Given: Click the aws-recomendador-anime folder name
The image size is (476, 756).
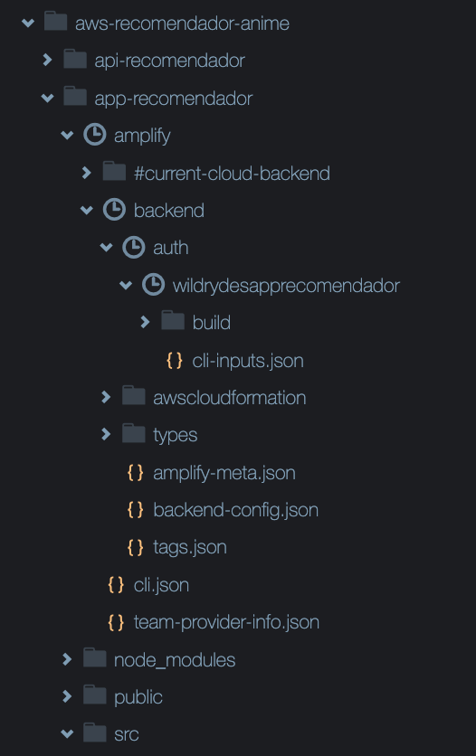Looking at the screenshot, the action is click(x=182, y=24).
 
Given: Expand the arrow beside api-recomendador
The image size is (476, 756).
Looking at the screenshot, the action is click(x=47, y=60).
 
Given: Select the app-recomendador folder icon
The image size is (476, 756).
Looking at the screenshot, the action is click(x=75, y=97).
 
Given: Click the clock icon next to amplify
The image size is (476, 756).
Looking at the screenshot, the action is click(x=94, y=134).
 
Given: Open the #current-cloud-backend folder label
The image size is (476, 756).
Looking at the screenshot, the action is click(x=232, y=173).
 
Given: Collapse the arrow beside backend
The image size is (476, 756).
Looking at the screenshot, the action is click(x=86, y=210).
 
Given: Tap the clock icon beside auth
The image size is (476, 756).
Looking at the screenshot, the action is click(x=134, y=248).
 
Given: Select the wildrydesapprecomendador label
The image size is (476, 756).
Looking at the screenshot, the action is click(x=286, y=286).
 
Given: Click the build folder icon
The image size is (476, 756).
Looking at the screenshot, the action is click(x=173, y=321).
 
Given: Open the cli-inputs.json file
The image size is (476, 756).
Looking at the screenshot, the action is click(x=248, y=361).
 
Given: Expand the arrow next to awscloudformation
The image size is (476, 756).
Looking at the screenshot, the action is click(x=106, y=397).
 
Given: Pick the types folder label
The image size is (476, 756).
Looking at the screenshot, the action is click(x=175, y=435).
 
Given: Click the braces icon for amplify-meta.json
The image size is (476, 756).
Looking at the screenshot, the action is click(x=135, y=472).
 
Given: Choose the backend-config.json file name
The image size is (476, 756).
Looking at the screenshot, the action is click(x=236, y=510).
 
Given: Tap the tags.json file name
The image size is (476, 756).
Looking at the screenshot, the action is click(x=190, y=548).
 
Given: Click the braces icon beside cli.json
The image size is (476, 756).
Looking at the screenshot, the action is click(x=116, y=584).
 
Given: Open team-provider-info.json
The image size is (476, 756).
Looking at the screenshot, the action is click(x=226, y=622).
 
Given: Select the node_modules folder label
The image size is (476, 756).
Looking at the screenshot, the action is click(x=175, y=660).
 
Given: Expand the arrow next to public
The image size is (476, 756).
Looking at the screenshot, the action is click(x=67, y=696).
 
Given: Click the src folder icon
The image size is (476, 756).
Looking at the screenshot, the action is click(x=94, y=732).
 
